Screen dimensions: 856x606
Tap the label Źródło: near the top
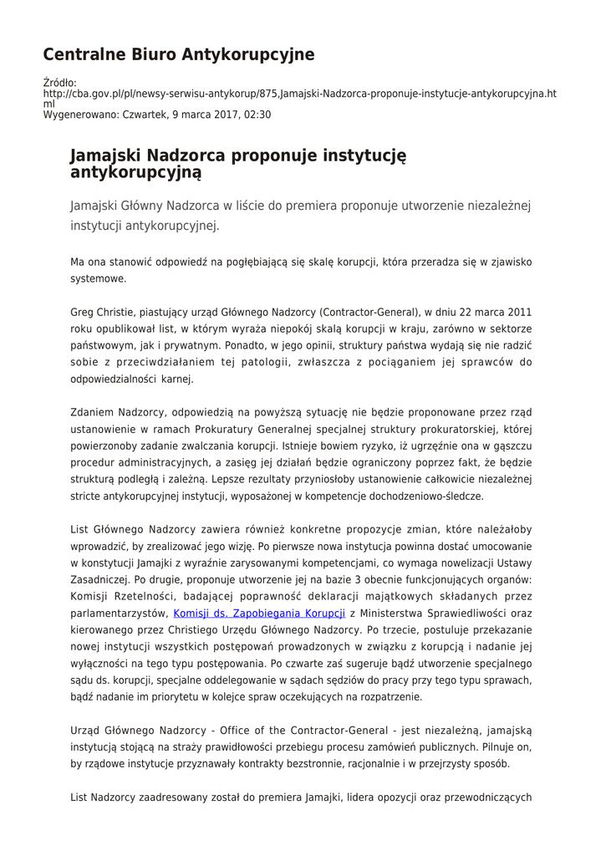[x=59, y=82]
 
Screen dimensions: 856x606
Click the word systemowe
[x=99, y=278]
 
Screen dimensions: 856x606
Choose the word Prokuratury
[x=197, y=428]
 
